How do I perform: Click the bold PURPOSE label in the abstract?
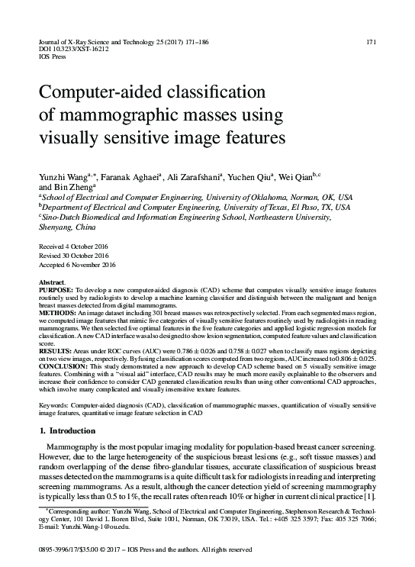[x=56, y=292]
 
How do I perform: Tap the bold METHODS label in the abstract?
[x=56, y=314]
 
